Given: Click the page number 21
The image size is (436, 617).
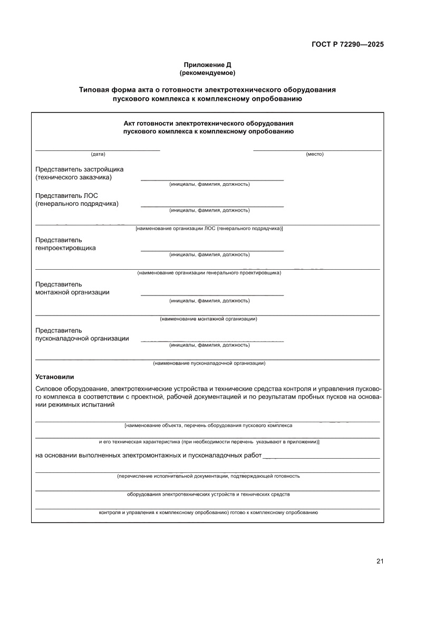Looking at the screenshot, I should coord(380,561).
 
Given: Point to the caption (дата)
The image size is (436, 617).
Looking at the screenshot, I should coord(98,154).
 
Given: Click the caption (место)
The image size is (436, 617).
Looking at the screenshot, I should coord(315,154).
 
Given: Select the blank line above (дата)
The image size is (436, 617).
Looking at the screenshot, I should coord(98,150).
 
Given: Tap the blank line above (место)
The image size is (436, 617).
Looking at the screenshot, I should coord(317,150).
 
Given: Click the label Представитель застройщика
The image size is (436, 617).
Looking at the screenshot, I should coord(79,169).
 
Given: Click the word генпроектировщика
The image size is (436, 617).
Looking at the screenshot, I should coord(65,248).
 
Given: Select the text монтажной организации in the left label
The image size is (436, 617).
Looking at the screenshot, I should coord(72,292).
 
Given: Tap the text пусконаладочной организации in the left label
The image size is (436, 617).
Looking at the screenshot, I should coord(82,339).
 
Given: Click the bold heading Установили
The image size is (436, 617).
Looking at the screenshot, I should coord(55,377).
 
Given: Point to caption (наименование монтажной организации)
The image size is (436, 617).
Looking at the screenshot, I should coord(208,319).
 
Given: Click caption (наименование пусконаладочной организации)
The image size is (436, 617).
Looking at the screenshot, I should coord(209,363).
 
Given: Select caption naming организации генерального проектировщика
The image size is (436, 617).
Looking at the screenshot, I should coord(209,273).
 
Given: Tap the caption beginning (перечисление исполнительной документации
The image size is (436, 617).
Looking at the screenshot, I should coord(208,476).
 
